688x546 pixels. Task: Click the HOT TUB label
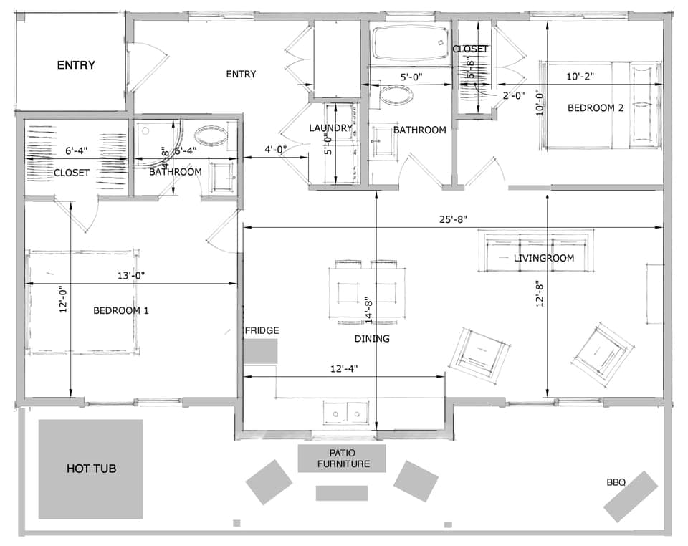tap(91, 469)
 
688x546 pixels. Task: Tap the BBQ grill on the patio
tap(630, 497)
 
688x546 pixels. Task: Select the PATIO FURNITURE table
tap(341, 459)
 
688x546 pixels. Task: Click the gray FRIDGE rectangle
tap(259, 351)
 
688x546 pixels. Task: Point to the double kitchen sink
tap(346, 412)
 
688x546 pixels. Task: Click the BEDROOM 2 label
tap(595, 108)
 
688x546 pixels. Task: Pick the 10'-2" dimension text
tap(579, 75)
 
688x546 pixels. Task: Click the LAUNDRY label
tap(330, 128)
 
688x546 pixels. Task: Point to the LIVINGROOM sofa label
tap(544, 258)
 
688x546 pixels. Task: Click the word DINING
tap(372, 338)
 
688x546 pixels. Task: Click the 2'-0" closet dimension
tap(513, 95)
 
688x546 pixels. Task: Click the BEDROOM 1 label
tap(121, 310)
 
